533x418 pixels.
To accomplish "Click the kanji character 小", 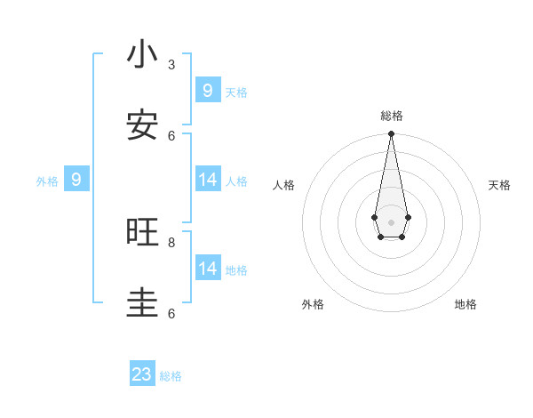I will (x=142, y=55).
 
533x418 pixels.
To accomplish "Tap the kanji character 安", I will (x=142, y=126).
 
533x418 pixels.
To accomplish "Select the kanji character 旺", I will (x=142, y=233).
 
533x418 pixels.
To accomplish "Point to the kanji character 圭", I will (x=142, y=304).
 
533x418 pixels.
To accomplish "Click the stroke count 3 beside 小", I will (x=171, y=64).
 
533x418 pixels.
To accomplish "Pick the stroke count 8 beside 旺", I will (x=171, y=242).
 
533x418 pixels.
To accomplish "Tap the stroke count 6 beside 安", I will (x=171, y=135).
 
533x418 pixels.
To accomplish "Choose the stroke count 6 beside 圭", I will (x=171, y=313).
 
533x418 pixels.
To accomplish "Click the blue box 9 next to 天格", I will (x=207, y=91).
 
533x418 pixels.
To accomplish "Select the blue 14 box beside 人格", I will (x=207, y=180).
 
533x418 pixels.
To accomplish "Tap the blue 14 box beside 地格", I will (x=207, y=269).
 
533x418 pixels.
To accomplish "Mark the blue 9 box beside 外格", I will (x=76, y=180).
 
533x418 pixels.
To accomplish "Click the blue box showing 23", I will (x=142, y=374).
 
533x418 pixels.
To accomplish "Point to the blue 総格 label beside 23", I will (x=171, y=376).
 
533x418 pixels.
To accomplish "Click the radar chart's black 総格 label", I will (x=392, y=116).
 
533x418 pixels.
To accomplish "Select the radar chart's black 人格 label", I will (x=283, y=185).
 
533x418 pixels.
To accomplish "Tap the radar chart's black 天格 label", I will (x=499, y=185).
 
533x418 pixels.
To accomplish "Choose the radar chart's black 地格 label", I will (x=465, y=304).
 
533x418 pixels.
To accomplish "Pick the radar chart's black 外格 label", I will (x=313, y=304).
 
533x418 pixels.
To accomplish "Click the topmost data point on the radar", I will (x=391, y=133).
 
